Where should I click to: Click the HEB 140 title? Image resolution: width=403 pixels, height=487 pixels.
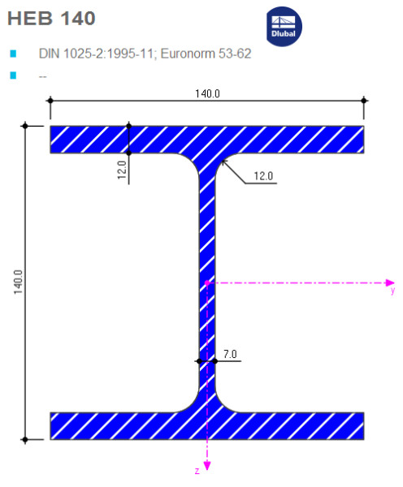51,19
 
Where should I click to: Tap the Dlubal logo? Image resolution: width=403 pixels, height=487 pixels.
284,27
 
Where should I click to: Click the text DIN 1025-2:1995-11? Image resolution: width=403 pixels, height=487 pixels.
96,54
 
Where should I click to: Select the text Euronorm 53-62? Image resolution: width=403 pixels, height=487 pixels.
206,54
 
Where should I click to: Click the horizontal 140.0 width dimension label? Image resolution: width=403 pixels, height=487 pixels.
207,93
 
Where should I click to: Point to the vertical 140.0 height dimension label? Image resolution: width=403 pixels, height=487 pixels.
18,282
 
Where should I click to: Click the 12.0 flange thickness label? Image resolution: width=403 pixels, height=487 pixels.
122,170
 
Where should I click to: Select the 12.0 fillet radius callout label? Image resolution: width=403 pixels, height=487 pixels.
263,176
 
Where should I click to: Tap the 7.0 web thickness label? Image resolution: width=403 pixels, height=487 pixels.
230,354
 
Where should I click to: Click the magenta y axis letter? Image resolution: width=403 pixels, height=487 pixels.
392,291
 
